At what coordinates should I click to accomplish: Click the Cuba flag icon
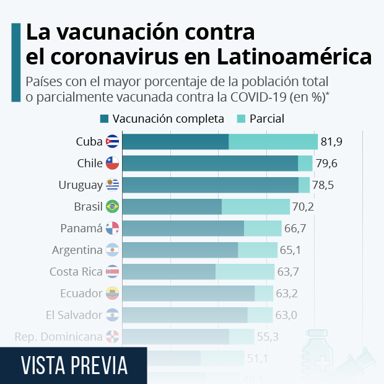tap(112, 141)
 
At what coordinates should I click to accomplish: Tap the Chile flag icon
tap(112, 163)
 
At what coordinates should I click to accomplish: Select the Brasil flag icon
tap(112, 206)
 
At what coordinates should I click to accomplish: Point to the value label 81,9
tap(331, 141)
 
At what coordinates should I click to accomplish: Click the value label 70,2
tap(303, 206)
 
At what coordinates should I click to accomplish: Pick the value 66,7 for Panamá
tap(295, 228)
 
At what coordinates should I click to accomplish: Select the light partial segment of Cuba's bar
tap(273, 141)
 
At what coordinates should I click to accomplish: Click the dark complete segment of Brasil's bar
tap(172, 206)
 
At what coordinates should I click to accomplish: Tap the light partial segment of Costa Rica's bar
tap(245, 271)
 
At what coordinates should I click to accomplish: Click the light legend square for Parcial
tap(241, 118)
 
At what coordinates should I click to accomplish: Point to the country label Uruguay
tap(80, 185)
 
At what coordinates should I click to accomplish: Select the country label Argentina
tap(77, 250)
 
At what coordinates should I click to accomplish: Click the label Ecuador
tap(81, 293)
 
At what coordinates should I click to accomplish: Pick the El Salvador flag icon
tap(112, 315)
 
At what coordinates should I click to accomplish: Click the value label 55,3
tap(268, 336)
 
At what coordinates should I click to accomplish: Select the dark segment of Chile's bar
tap(210, 163)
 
